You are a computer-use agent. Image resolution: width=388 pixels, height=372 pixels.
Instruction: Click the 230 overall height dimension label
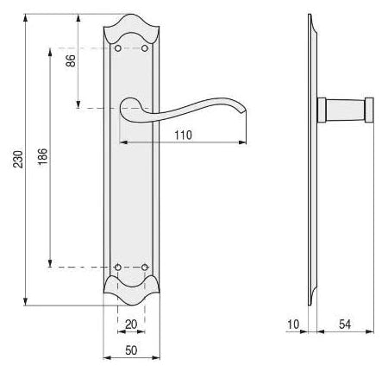[x=17, y=159]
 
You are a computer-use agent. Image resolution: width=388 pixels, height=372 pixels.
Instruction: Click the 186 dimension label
[x=42, y=156]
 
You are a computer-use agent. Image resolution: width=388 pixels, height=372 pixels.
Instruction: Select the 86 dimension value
[x=71, y=60]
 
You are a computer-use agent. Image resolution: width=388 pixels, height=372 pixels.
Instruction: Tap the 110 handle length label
[x=183, y=135]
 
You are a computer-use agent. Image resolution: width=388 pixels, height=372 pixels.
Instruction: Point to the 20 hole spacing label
[x=131, y=325]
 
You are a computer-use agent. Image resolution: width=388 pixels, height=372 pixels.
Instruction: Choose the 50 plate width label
[x=131, y=350]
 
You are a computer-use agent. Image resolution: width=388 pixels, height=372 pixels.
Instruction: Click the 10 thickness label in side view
[x=293, y=325]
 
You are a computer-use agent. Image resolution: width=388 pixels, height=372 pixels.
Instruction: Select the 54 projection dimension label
[x=345, y=325]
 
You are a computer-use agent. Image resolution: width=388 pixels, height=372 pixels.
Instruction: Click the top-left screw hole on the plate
[x=118, y=48]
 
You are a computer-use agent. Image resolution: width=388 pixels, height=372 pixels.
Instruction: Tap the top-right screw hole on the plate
[x=145, y=48]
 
